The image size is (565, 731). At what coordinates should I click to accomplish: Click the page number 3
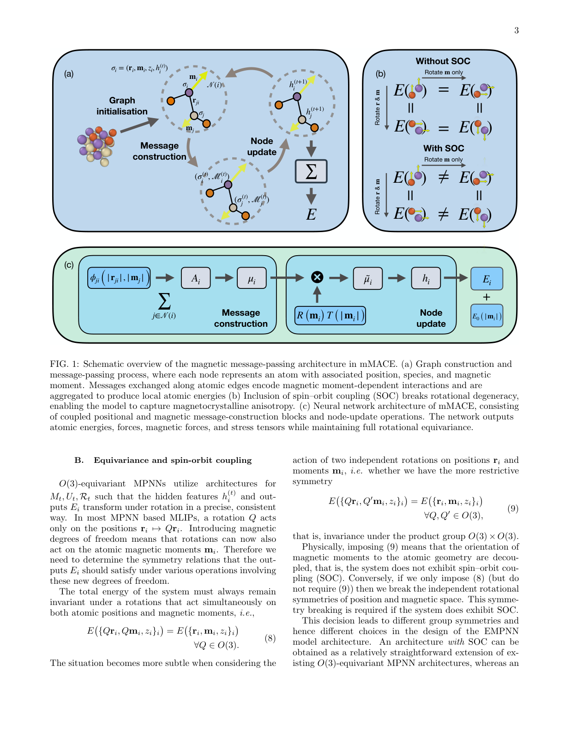pyautogui.click(x=516, y=30)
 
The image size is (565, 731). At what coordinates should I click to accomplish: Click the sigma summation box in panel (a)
pyautogui.click(x=311, y=171)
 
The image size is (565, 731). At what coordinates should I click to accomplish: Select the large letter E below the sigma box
pyautogui.click(x=311, y=215)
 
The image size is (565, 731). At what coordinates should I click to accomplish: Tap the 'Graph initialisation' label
pyautogui.click(x=122, y=106)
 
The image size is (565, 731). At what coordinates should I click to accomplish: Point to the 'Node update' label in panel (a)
pyautogui.click(x=262, y=146)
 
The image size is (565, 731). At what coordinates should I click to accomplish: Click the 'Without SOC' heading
pyautogui.click(x=443, y=61)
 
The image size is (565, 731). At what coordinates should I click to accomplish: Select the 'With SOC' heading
pyautogui.click(x=444, y=148)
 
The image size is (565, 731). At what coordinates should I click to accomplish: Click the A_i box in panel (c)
pyautogui.click(x=196, y=278)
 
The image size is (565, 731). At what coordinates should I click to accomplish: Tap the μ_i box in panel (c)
pyautogui.click(x=252, y=278)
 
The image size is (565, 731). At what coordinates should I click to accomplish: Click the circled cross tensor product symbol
pyautogui.click(x=317, y=277)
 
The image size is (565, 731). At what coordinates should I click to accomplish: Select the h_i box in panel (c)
pyautogui.click(x=426, y=278)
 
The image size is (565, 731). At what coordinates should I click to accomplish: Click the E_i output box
pyautogui.click(x=487, y=279)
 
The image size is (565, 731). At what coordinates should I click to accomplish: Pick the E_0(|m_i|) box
pyautogui.click(x=487, y=316)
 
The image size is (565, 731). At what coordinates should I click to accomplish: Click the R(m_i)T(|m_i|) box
pyautogui.click(x=330, y=316)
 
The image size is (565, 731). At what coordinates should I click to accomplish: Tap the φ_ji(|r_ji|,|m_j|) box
pyautogui.click(x=119, y=278)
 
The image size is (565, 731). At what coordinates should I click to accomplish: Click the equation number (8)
pyautogui.click(x=270, y=638)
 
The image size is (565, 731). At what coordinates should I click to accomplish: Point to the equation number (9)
pyautogui.click(x=513, y=509)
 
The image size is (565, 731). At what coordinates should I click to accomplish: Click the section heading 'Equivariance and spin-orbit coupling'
pyautogui.click(x=173, y=460)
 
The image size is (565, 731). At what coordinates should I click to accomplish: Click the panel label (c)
pyautogui.click(x=69, y=265)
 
